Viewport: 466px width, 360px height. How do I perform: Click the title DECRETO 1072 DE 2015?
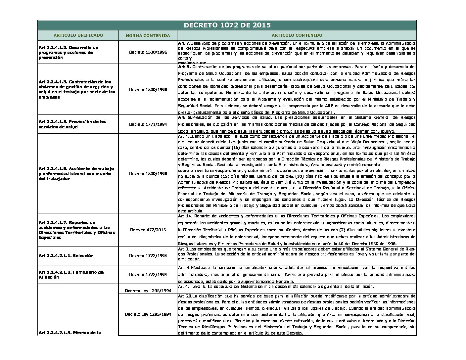(x=227, y=25)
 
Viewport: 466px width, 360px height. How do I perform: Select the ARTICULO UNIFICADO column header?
(x=78, y=35)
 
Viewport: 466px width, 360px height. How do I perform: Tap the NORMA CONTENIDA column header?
(x=148, y=35)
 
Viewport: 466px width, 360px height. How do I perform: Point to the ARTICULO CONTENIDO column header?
(x=297, y=35)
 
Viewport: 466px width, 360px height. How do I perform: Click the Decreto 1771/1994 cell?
(x=148, y=124)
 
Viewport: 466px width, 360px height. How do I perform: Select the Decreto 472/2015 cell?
(x=148, y=230)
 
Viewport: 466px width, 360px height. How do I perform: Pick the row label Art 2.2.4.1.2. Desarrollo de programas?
(x=69, y=52)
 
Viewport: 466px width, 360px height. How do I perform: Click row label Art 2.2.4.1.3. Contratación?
(x=77, y=89)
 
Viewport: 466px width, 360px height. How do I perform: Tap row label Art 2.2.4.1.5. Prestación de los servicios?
(x=72, y=124)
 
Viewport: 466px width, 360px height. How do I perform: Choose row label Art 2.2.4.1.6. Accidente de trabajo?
(x=76, y=173)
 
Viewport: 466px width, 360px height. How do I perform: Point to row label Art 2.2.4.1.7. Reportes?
(x=77, y=230)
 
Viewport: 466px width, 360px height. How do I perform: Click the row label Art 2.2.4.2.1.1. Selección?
(x=66, y=255)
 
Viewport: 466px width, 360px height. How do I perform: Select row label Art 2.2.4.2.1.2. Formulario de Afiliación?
(x=71, y=275)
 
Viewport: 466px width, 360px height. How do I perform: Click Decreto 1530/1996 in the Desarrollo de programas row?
(x=148, y=52)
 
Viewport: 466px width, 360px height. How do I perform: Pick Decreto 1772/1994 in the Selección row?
(x=148, y=255)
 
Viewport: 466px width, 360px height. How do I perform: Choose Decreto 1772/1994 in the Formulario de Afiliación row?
(x=148, y=274)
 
